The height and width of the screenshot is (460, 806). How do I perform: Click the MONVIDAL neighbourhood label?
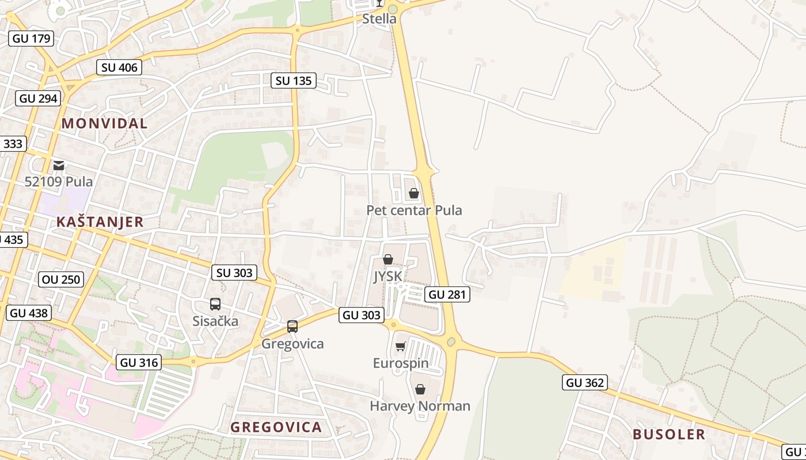(104, 123)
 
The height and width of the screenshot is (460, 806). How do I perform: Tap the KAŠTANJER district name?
(100, 222)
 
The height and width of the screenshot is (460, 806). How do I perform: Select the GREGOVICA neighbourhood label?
(276, 427)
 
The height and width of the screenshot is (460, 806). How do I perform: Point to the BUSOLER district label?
(668, 434)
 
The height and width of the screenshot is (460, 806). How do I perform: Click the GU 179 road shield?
(31, 39)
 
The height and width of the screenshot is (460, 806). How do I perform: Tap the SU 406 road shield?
(119, 67)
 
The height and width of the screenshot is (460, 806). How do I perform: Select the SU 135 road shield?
(294, 80)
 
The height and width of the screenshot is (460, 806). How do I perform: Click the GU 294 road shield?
(39, 98)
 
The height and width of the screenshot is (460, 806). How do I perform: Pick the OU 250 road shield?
(62, 280)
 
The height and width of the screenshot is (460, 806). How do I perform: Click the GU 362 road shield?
(585, 382)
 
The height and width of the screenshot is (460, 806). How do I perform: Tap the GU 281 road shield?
(447, 294)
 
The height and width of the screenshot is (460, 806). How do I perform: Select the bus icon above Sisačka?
(215, 304)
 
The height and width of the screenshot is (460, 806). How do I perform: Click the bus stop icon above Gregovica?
(292, 327)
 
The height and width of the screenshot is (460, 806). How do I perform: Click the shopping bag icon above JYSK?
(388, 260)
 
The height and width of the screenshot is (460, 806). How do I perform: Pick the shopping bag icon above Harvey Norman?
(420, 389)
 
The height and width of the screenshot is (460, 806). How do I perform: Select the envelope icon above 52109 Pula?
(59, 166)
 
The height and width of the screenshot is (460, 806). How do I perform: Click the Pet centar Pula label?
(414, 210)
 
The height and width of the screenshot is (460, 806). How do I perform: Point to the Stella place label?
(379, 19)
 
